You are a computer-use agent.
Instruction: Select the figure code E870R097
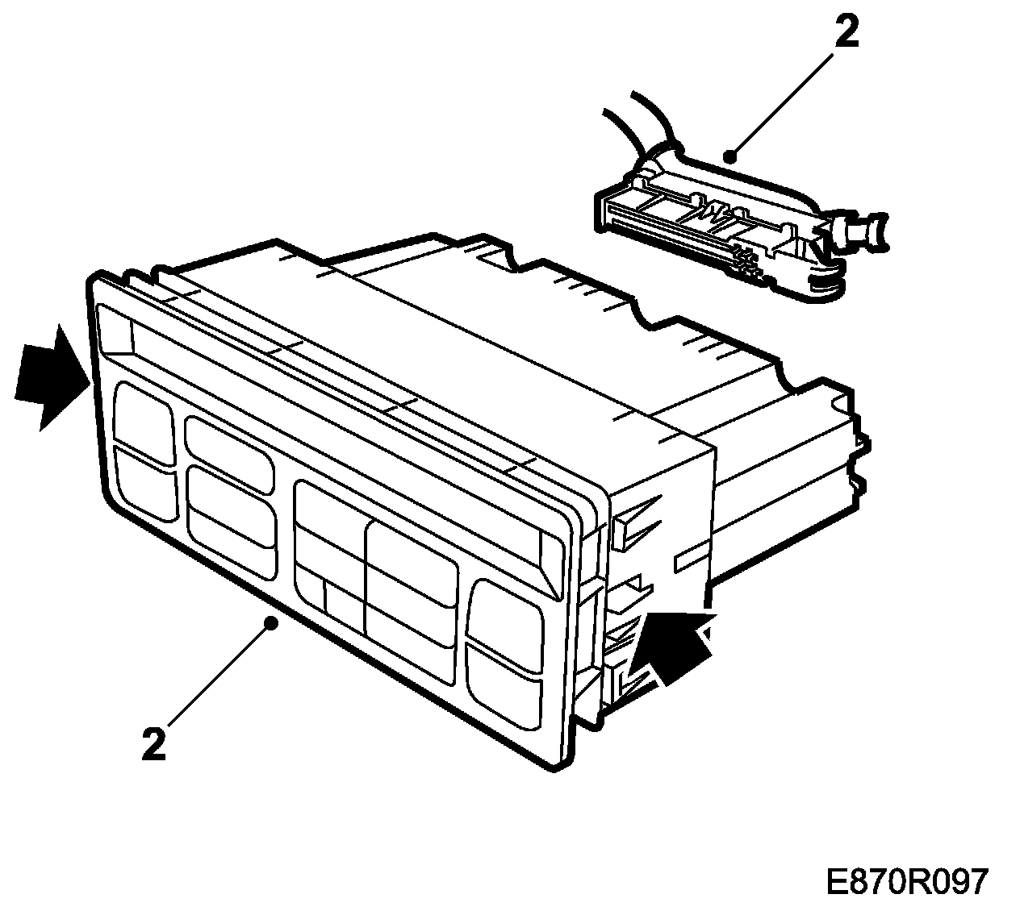click(906, 882)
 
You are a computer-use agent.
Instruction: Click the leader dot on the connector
click(729, 156)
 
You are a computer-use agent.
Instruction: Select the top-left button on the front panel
click(144, 422)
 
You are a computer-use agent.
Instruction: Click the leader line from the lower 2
click(218, 677)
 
